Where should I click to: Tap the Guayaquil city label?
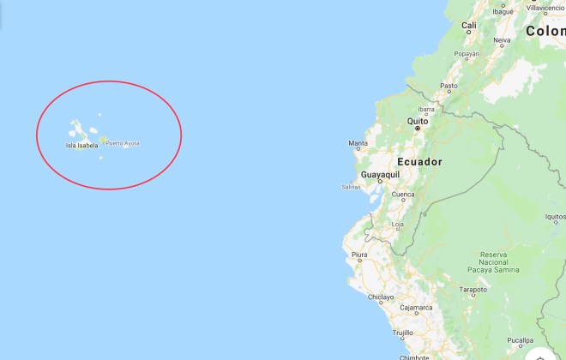[x=381, y=175]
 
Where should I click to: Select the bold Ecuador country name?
[x=420, y=161]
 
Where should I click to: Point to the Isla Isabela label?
[x=81, y=146]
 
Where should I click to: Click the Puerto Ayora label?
[x=122, y=142]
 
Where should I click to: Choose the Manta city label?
[x=358, y=143]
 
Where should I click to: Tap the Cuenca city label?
[x=403, y=195]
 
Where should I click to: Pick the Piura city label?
[x=359, y=254]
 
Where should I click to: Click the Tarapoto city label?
[x=472, y=290]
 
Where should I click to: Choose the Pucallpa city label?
[x=521, y=340]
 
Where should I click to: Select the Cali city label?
[x=469, y=26]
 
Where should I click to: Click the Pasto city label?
[x=449, y=86]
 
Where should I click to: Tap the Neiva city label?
[x=503, y=39]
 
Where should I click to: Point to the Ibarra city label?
[x=425, y=109]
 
